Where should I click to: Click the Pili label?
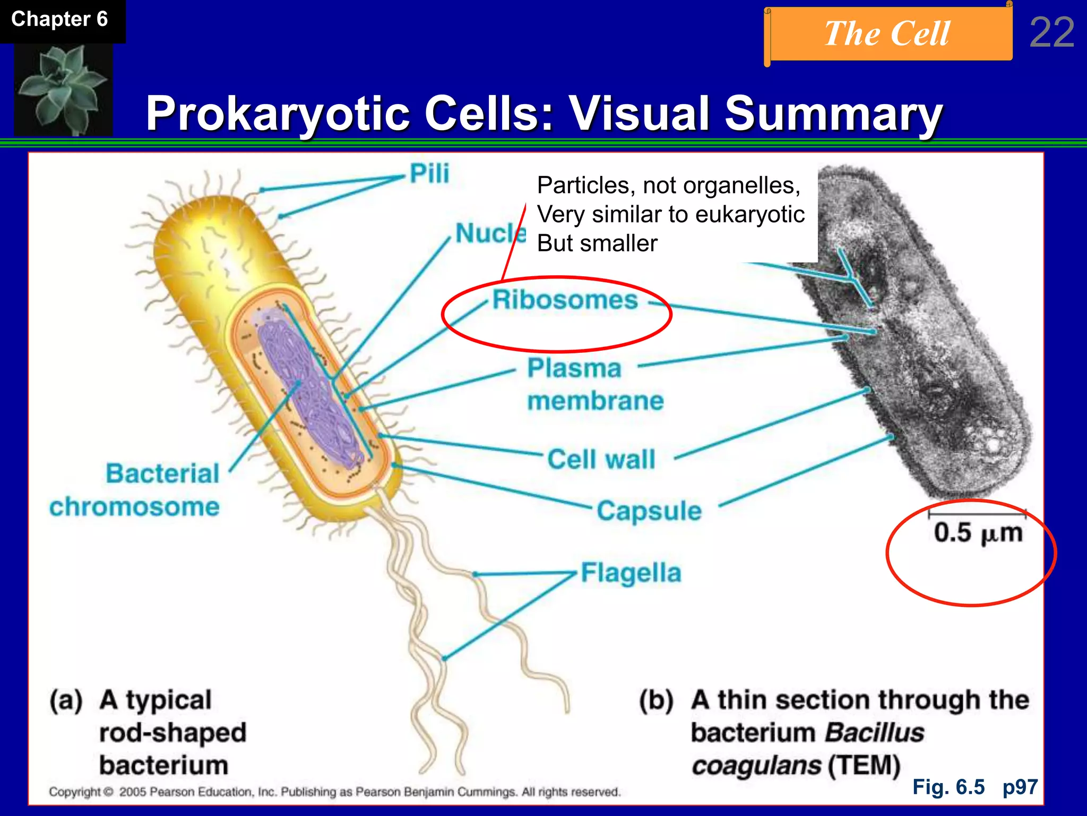(x=429, y=173)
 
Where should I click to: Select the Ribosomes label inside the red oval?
(x=565, y=300)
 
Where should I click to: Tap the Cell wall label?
(x=601, y=460)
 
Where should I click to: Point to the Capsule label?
(x=649, y=511)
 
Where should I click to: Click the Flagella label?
(x=631, y=573)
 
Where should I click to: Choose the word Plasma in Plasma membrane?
(x=574, y=368)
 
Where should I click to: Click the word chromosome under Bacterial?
(x=134, y=507)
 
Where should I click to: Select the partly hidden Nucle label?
(x=489, y=234)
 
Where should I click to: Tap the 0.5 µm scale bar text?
(x=978, y=533)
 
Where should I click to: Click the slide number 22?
(x=1051, y=33)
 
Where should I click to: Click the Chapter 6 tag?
(x=59, y=20)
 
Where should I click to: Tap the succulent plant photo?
(x=63, y=89)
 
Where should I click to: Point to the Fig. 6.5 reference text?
(x=948, y=787)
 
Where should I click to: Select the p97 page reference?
(x=1020, y=787)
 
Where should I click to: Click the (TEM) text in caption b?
(x=864, y=766)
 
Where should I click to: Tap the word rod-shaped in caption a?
(x=172, y=733)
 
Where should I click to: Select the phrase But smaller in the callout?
(x=597, y=243)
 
